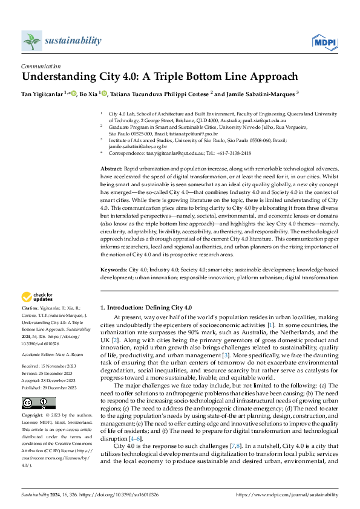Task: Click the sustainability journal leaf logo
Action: point(31,41)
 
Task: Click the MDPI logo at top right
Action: point(324,41)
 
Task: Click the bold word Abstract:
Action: point(112,166)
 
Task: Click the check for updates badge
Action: point(38,297)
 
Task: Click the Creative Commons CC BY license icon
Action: point(38,386)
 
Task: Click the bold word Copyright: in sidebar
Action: point(33,399)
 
